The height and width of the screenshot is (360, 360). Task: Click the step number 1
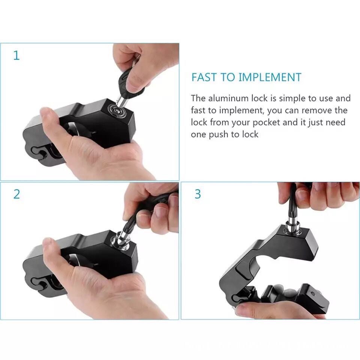tap(16, 55)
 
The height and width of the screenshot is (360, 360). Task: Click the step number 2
tap(17, 194)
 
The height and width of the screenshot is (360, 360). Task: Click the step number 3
tap(198, 194)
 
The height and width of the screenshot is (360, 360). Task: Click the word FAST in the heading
tap(204, 77)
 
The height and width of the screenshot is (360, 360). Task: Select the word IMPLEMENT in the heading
tap(270, 77)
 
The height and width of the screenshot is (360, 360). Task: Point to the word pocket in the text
tap(266, 123)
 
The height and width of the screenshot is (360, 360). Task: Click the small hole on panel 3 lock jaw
tap(313, 293)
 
